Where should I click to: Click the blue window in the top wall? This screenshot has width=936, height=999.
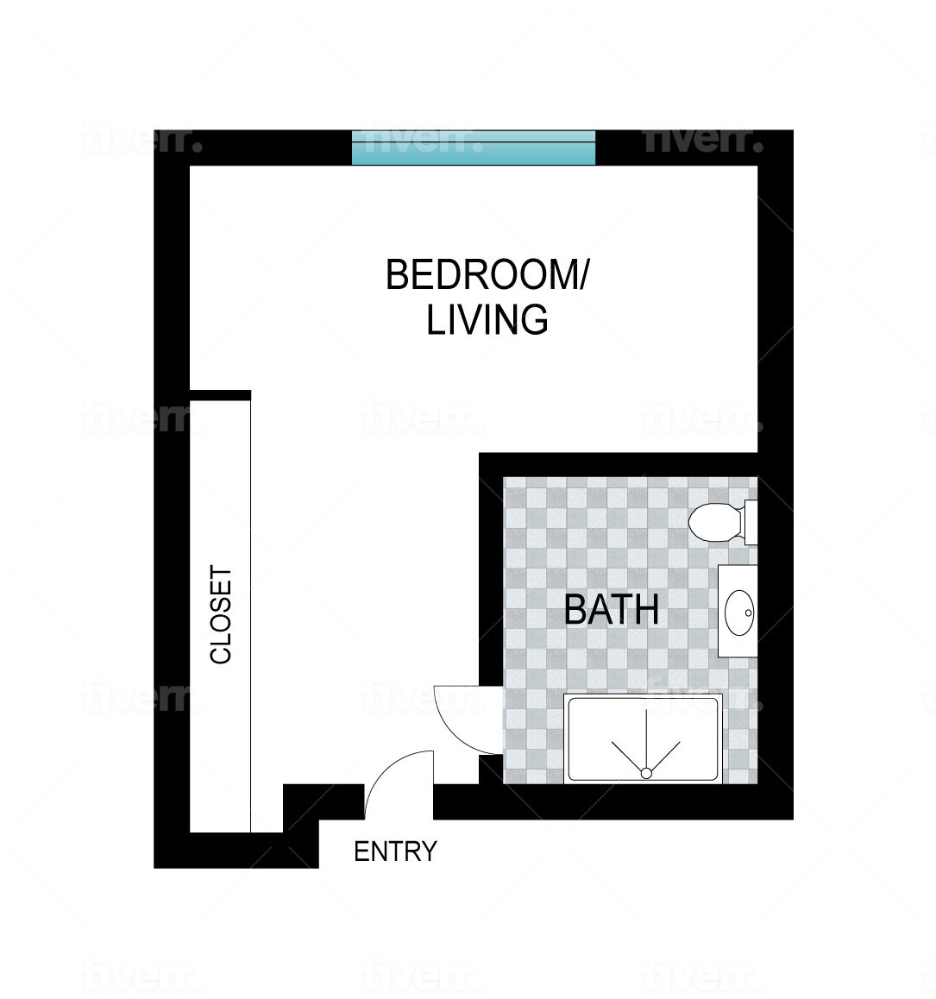click(474, 148)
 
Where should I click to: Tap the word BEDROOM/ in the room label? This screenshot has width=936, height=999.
click(487, 275)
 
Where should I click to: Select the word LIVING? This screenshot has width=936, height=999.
click(487, 320)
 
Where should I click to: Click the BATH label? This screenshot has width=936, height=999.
click(611, 610)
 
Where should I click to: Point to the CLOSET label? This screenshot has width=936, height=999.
click(222, 615)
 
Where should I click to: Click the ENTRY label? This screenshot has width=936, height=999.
click(395, 851)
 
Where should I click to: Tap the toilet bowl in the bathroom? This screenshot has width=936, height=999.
click(714, 522)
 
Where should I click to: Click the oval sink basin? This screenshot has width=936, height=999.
click(739, 613)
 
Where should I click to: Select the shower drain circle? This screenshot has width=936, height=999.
click(644, 772)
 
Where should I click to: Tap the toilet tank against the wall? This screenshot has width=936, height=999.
click(751, 522)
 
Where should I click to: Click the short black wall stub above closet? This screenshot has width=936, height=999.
click(220, 395)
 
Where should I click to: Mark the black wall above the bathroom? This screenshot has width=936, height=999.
click(617, 464)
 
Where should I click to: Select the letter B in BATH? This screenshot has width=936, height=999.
click(575, 610)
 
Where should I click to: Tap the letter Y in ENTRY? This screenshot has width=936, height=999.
click(429, 851)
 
